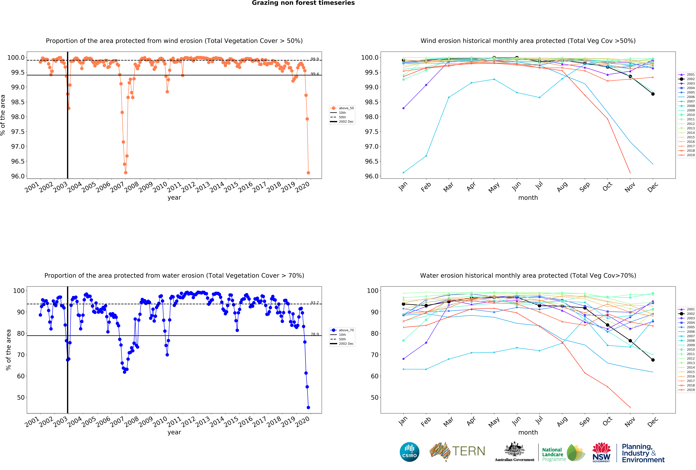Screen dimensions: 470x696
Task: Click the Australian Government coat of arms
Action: pos(514,449)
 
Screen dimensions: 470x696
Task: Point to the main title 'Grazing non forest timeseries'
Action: pos(303,3)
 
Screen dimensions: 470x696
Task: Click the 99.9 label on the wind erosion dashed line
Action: pos(314,59)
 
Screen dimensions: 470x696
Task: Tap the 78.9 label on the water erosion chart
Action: pos(314,334)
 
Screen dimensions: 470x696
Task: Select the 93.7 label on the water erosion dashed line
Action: pos(314,303)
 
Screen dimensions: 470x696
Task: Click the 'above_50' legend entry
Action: pos(346,108)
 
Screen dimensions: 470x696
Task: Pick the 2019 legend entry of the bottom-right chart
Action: pos(690,390)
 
